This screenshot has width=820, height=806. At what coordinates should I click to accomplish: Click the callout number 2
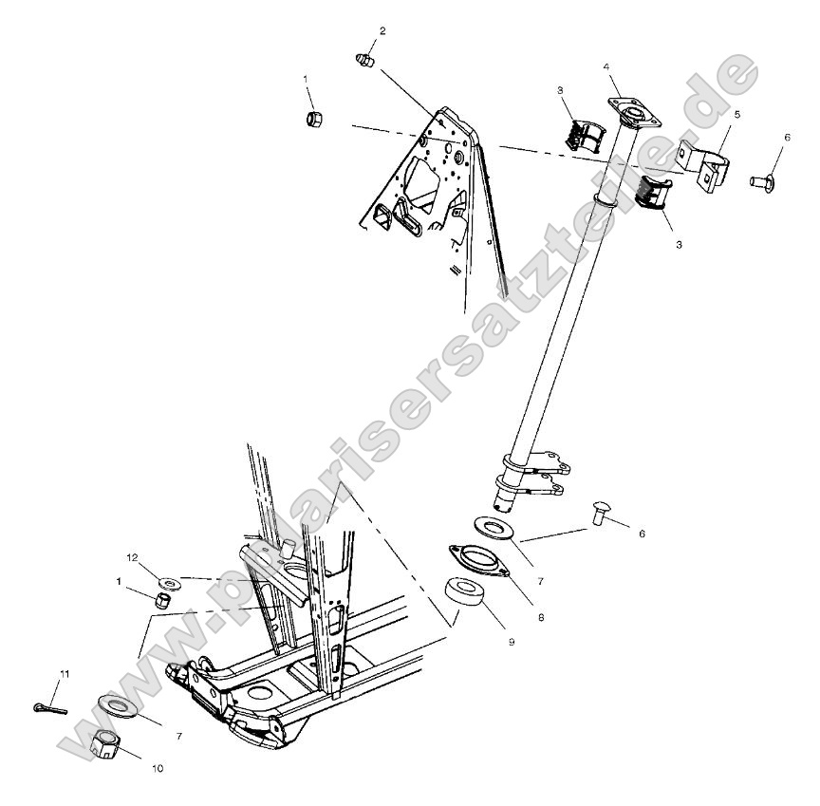pyautogui.click(x=382, y=31)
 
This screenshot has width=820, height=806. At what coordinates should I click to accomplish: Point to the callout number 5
pyautogui.click(x=736, y=114)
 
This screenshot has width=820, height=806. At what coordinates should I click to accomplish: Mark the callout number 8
pyautogui.click(x=540, y=616)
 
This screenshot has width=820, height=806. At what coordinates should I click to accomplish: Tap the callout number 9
pyautogui.click(x=511, y=643)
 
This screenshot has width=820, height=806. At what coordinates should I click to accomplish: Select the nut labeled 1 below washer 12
pyautogui.click(x=162, y=600)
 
